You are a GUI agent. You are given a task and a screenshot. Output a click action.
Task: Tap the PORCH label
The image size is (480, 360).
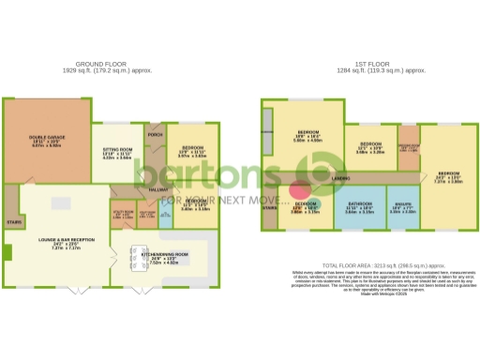click(x=155, y=132)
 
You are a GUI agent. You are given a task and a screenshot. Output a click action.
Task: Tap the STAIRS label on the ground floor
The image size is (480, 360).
click(x=13, y=222)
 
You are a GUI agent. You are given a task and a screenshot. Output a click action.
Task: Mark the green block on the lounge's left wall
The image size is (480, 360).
click(x=7, y=252)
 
